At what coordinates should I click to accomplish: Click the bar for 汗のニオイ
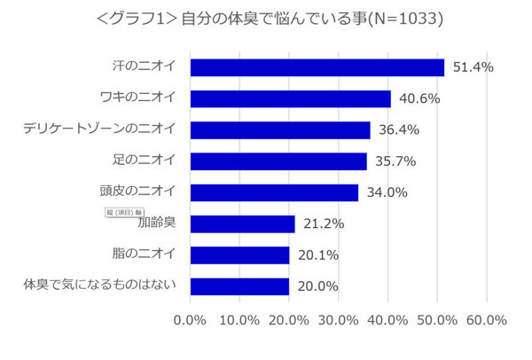point(317,67)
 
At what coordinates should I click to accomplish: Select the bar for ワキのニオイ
point(290,98)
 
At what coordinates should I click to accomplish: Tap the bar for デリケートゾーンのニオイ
point(280,130)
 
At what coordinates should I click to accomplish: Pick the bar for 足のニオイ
point(278,161)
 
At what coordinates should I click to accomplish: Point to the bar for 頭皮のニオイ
point(274,192)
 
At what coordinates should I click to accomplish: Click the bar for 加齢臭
point(242,223)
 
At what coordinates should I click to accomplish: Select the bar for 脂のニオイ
point(239,255)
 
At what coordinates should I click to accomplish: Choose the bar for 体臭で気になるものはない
point(239,286)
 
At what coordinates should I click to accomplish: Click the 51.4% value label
point(473,67)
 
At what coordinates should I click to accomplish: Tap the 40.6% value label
point(419,98)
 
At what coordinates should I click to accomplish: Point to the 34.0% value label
point(387,192)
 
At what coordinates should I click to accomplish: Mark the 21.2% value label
point(324,223)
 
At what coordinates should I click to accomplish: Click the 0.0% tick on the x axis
point(191,319)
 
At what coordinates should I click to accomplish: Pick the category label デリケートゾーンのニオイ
point(99,129)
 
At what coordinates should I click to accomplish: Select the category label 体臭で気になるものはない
point(99,285)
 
